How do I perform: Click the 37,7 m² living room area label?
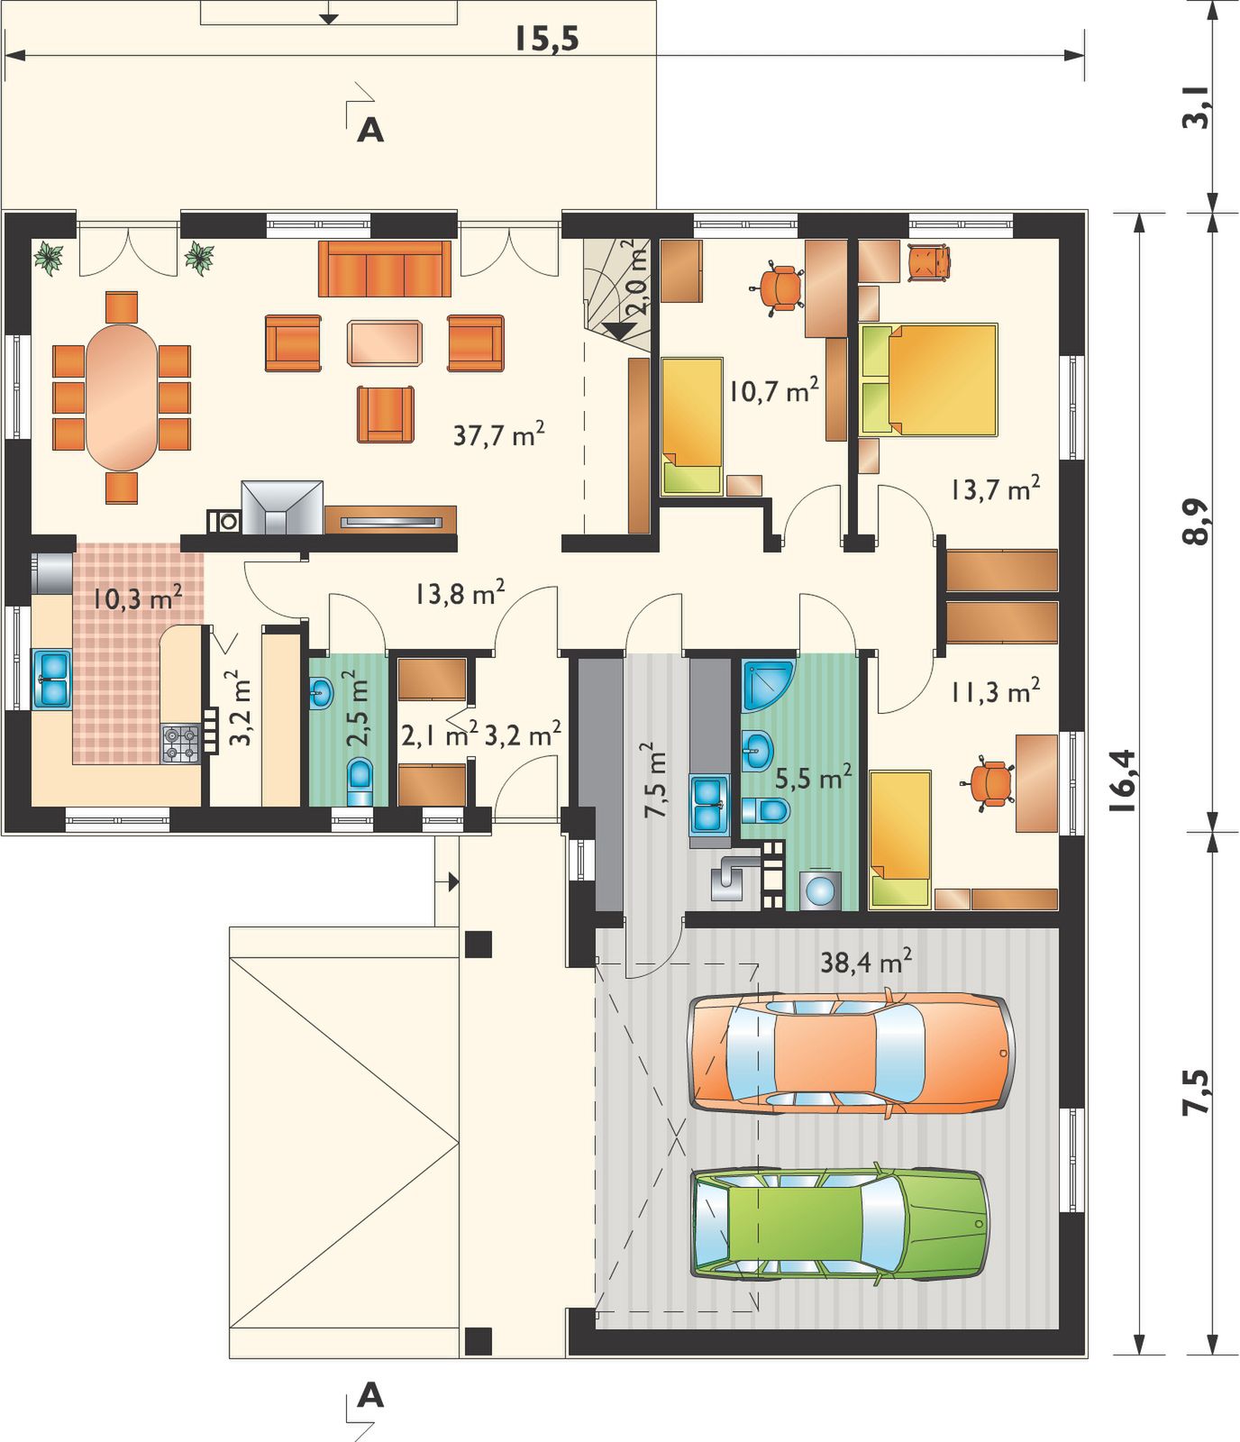point(498,435)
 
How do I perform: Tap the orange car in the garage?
point(852,1054)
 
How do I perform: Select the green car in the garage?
point(840,1224)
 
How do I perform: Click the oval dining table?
point(121,397)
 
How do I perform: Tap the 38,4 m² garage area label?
point(865,962)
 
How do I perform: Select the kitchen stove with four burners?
point(180,744)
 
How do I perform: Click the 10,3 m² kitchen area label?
point(139,598)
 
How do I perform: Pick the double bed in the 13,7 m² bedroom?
point(929,379)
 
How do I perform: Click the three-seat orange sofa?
point(385,268)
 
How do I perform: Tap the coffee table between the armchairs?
point(385,342)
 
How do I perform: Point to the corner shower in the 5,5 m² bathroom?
point(768,686)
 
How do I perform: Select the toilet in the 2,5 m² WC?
point(360,780)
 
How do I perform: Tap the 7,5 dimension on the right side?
point(1196,1092)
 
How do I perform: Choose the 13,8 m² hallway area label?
point(460,593)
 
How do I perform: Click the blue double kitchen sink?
point(52,678)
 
